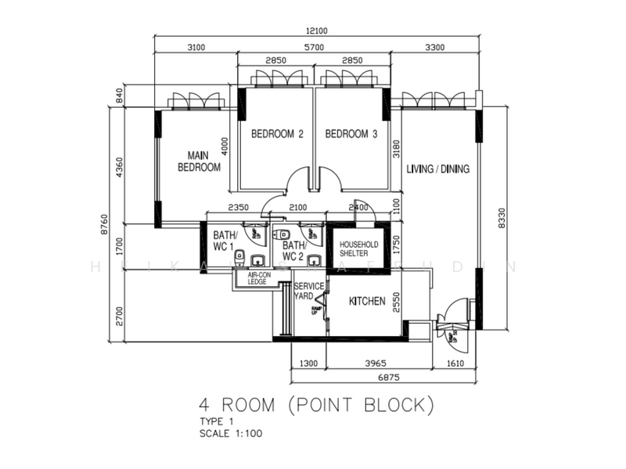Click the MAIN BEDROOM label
click(199, 161)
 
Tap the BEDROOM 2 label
click(277, 134)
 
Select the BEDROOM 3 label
click(351, 134)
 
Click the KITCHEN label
click(367, 302)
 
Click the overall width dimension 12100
click(316, 31)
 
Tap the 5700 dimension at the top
click(313, 48)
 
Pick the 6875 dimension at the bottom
click(383, 378)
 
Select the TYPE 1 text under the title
click(217, 422)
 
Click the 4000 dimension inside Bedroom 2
click(225, 144)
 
